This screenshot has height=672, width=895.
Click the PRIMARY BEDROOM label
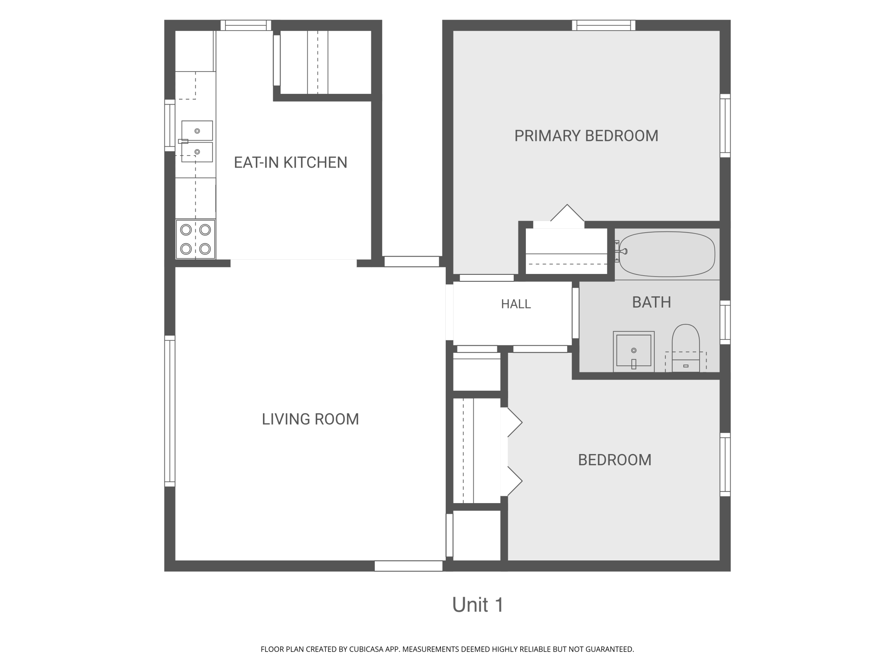pos(586,136)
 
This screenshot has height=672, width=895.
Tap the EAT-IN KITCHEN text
pos(290,162)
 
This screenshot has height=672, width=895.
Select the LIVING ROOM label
pos(310,419)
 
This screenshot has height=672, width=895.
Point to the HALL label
pos(516,304)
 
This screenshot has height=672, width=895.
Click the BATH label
pos(651,302)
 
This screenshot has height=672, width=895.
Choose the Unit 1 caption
pos(478,605)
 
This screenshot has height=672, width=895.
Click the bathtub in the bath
pos(667,254)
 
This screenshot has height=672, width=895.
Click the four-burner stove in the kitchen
pos(195,240)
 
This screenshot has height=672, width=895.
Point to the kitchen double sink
pos(197,141)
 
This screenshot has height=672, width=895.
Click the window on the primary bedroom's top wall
pos(604,25)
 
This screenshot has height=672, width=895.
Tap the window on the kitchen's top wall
pos(246,25)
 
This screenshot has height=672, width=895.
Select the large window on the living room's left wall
pos(170,411)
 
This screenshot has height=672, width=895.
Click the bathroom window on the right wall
pos(725,322)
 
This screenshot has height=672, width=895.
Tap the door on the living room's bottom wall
pos(409,566)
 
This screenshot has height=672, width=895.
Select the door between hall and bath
pos(575,313)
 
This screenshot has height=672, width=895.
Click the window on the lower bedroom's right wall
pos(725,465)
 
